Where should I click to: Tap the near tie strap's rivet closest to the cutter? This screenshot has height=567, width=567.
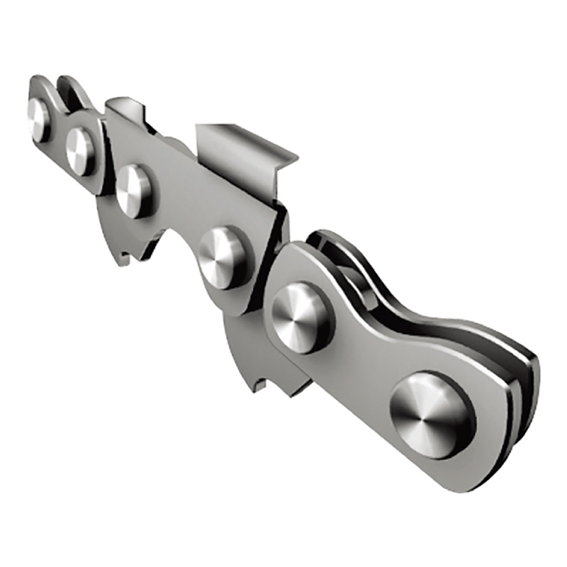301,316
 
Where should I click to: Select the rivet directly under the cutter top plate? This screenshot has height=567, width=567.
225,256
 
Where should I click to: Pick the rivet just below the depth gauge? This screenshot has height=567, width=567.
135,190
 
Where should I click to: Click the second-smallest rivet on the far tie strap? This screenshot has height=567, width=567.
81,150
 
